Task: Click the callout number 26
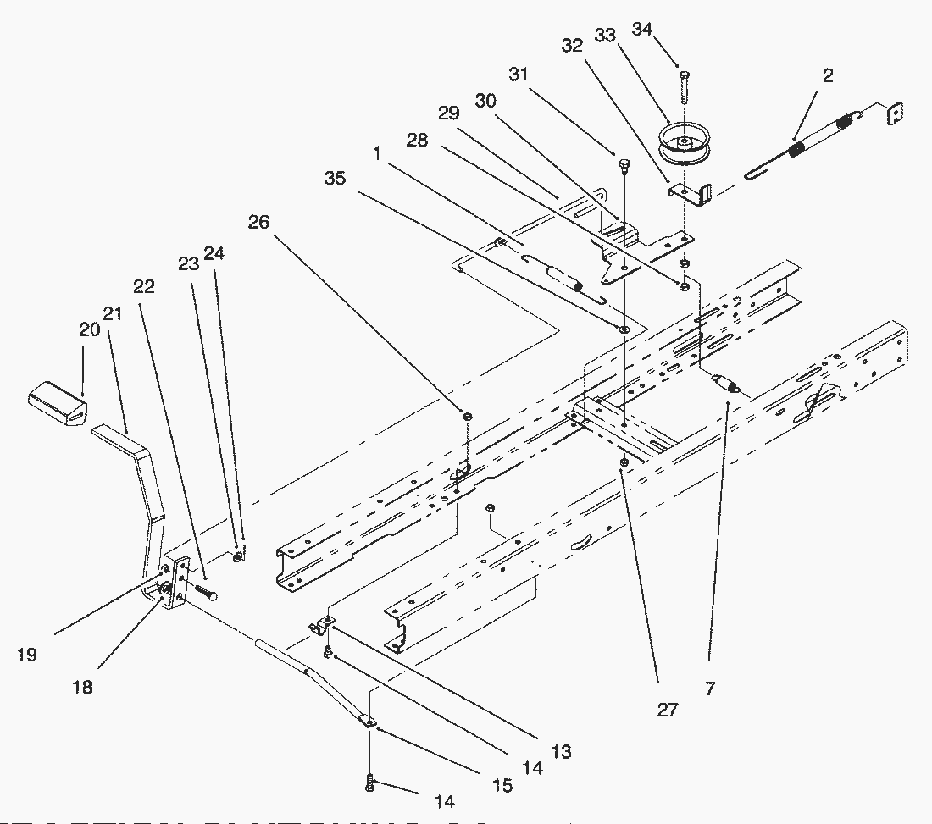tap(259, 222)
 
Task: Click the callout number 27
tap(668, 710)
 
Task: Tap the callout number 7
tap(709, 689)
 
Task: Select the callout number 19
tap(27, 655)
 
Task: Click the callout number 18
tap(82, 687)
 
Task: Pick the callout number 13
tap(560, 750)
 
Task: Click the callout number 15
tap(502, 786)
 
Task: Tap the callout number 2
tap(828, 75)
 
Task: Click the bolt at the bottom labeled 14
tap(370, 783)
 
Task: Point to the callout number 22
tap(144, 286)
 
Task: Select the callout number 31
tap(518, 75)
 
